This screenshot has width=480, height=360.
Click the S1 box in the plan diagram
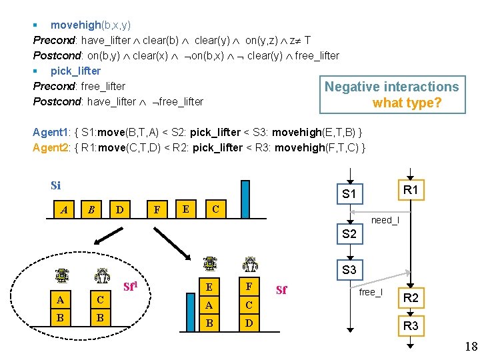pos(349,195)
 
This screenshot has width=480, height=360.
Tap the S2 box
pos(349,234)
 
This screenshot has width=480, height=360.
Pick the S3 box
pos(349,270)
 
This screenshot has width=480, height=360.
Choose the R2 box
pos(411,298)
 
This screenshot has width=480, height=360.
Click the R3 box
pos(411,326)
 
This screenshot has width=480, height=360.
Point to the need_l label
pos(385,220)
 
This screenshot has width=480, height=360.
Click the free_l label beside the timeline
pos(371,292)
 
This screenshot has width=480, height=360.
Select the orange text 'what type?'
pos(407,103)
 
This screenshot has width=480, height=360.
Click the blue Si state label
pos(55,185)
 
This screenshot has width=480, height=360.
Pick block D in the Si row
pos(119,210)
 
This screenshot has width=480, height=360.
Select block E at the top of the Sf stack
pos(209,287)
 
